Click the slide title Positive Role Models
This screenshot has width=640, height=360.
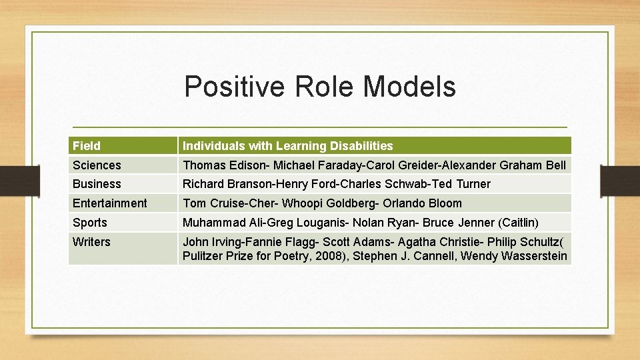point(320,87)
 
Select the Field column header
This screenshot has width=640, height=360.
point(87,145)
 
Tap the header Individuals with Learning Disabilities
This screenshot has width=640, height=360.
point(288,145)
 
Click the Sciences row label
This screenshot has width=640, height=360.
point(97,165)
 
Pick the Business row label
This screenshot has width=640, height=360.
point(97,184)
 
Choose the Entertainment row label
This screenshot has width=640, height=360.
point(109,203)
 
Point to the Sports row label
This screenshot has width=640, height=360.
point(90,223)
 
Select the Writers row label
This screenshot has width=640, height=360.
point(91,242)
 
